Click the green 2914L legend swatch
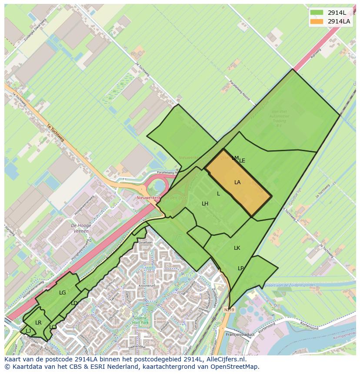pos(316,12)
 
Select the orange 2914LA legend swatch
pos(316,21)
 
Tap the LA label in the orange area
pos(237,182)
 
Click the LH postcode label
pos(205,204)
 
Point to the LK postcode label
pos(237,248)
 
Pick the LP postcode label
pos(241,268)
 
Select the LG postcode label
pos(63,293)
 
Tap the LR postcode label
pos(38,323)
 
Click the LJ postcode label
pos(28,331)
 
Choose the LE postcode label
pos(242,161)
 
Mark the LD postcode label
pos(74,303)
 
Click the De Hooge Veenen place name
pos(80,228)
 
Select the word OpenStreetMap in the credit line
pos(237,367)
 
